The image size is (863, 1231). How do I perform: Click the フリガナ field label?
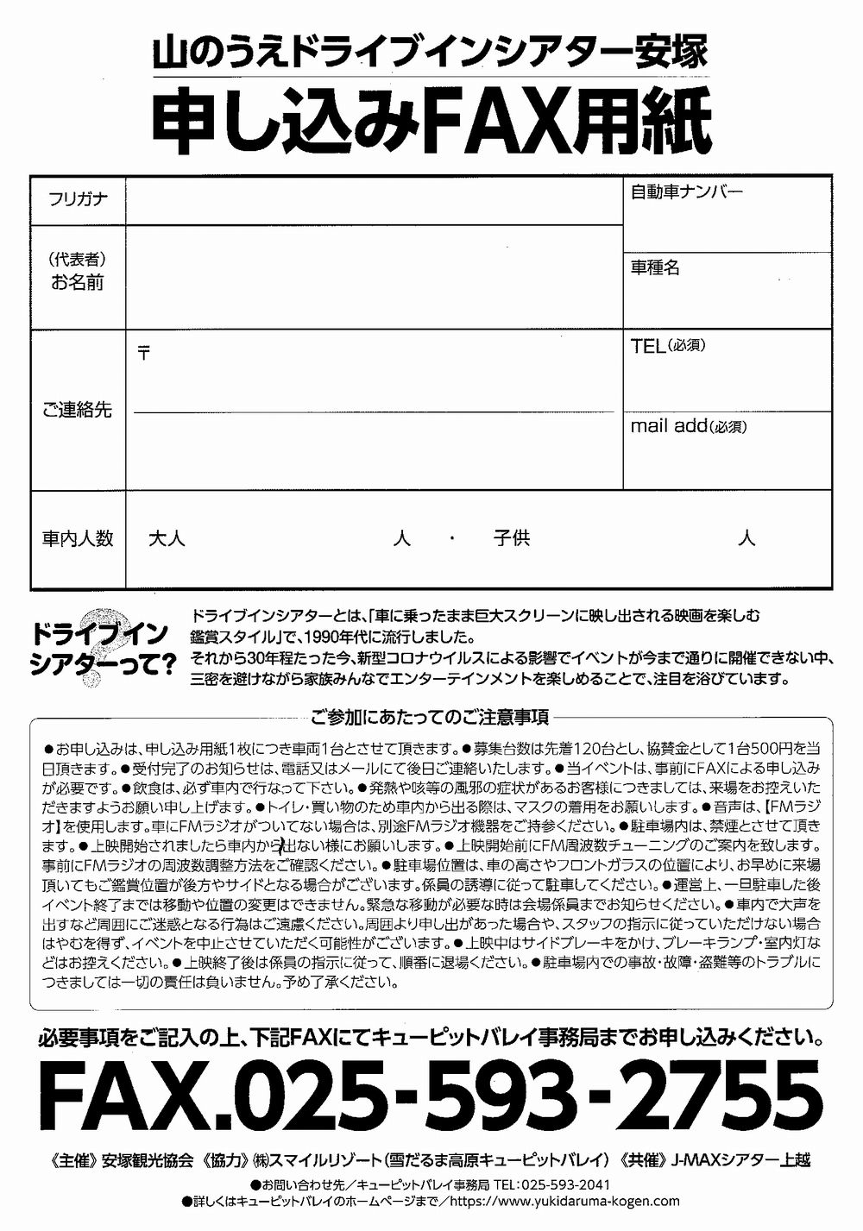tap(78, 199)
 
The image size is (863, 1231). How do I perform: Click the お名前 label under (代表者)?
tap(77, 282)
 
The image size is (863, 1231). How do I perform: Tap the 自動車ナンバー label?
tap(686, 192)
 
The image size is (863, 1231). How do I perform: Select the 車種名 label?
tap(655, 267)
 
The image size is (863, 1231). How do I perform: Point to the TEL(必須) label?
tap(670, 346)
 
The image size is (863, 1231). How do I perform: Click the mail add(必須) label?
tap(689, 425)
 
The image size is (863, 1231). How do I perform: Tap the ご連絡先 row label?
tap(77, 410)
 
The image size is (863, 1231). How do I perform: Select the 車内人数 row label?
tap(78, 539)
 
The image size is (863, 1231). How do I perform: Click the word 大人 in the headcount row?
tap(167, 539)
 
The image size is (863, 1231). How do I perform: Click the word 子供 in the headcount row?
tap(512, 539)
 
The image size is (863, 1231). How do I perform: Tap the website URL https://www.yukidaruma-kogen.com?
tap(564, 1201)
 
